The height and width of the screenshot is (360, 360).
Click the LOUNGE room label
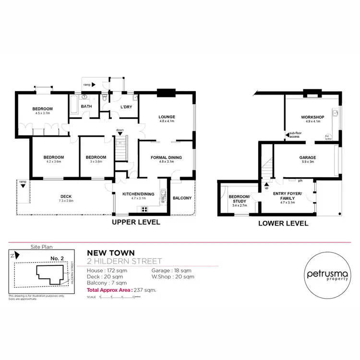167,117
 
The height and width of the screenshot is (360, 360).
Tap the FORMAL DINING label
167,157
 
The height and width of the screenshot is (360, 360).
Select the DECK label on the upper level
66,196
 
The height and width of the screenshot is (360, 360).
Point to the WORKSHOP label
312,118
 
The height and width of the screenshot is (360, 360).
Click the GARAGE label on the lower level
307,157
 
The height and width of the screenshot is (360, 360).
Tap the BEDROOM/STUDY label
237,199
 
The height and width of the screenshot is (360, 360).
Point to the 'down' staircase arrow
120,130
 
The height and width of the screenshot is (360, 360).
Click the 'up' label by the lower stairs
266,188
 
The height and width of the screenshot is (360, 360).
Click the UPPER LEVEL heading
136,223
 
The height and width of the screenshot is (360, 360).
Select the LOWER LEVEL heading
283,223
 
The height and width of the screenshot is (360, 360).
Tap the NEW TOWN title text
111,253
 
